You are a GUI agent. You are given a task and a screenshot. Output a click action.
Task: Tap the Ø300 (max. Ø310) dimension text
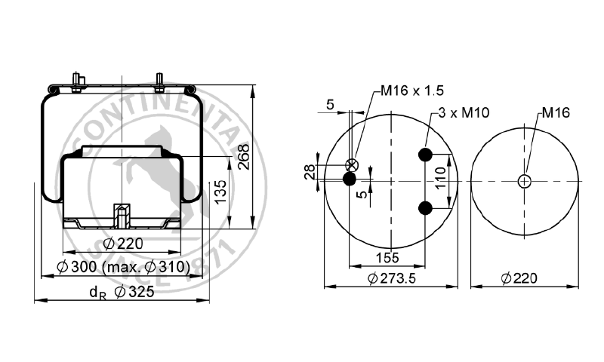(x=125, y=266)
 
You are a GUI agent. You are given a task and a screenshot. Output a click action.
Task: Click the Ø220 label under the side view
(x=122, y=243)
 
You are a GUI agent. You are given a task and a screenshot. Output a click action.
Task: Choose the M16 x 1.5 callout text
(x=411, y=91)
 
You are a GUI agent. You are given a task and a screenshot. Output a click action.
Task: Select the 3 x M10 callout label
(x=464, y=113)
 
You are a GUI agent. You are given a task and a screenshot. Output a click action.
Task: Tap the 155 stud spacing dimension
(x=387, y=257)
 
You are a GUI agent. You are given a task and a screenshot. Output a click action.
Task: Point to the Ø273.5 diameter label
(x=392, y=278)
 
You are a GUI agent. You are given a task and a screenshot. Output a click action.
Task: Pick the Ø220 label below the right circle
(x=519, y=278)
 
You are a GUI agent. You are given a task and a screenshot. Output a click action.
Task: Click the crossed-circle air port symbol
(x=351, y=166)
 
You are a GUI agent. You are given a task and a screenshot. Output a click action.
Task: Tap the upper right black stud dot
(x=425, y=155)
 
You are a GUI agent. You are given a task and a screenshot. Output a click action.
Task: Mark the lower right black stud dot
(x=425, y=207)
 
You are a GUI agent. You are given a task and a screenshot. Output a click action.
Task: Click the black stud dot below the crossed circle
(x=350, y=179)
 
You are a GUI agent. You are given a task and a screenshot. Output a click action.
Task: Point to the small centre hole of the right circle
(x=525, y=180)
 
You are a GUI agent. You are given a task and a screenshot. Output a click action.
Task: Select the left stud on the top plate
(x=78, y=81)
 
